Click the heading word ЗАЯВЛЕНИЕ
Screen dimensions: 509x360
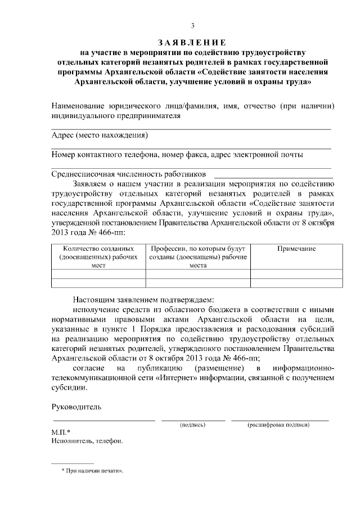(x=192, y=43)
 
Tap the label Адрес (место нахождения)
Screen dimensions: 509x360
(x=100, y=136)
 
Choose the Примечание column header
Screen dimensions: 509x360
(x=296, y=249)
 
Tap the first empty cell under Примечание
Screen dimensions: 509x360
(x=296, y=274)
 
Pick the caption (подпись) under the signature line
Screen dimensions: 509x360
(x=192, y=425)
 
